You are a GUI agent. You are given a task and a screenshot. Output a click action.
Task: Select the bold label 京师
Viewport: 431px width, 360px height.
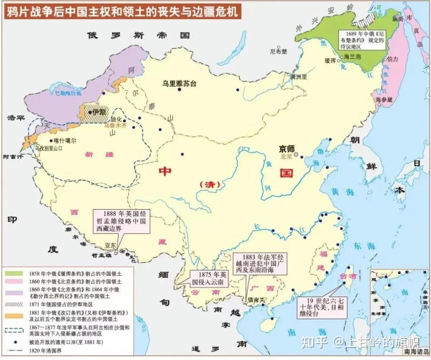point(287,148)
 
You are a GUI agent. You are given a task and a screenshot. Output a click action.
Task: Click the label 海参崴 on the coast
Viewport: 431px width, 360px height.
point(384,100)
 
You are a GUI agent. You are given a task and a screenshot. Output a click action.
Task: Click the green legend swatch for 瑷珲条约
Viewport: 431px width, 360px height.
point(14,273)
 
